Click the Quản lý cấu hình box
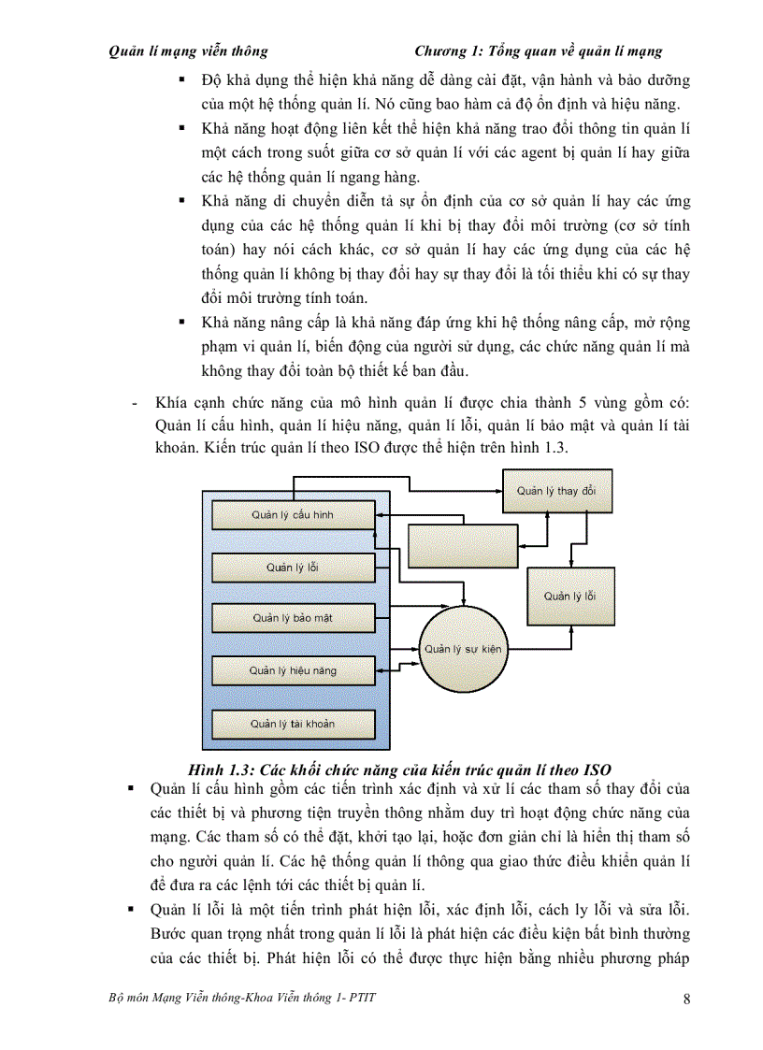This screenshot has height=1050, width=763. [293, 514]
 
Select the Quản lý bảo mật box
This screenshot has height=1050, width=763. [293, 618]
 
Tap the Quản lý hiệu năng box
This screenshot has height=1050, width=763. [293, 670]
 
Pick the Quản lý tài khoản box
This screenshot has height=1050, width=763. [293, 724]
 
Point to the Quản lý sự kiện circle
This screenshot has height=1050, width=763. [463, 648]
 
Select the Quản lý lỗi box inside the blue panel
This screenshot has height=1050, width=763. [293, 567]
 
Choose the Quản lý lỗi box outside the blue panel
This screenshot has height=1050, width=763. [570, 597]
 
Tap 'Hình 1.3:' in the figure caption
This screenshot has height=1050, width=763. [223, 770]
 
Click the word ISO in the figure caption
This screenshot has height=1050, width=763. [597, 770]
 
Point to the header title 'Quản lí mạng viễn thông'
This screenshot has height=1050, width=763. [188, 51]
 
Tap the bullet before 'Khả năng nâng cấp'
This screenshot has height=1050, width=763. [183, 323]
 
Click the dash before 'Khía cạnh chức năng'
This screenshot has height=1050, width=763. [137, 403]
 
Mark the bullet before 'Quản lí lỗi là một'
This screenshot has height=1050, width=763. [132, 910]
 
